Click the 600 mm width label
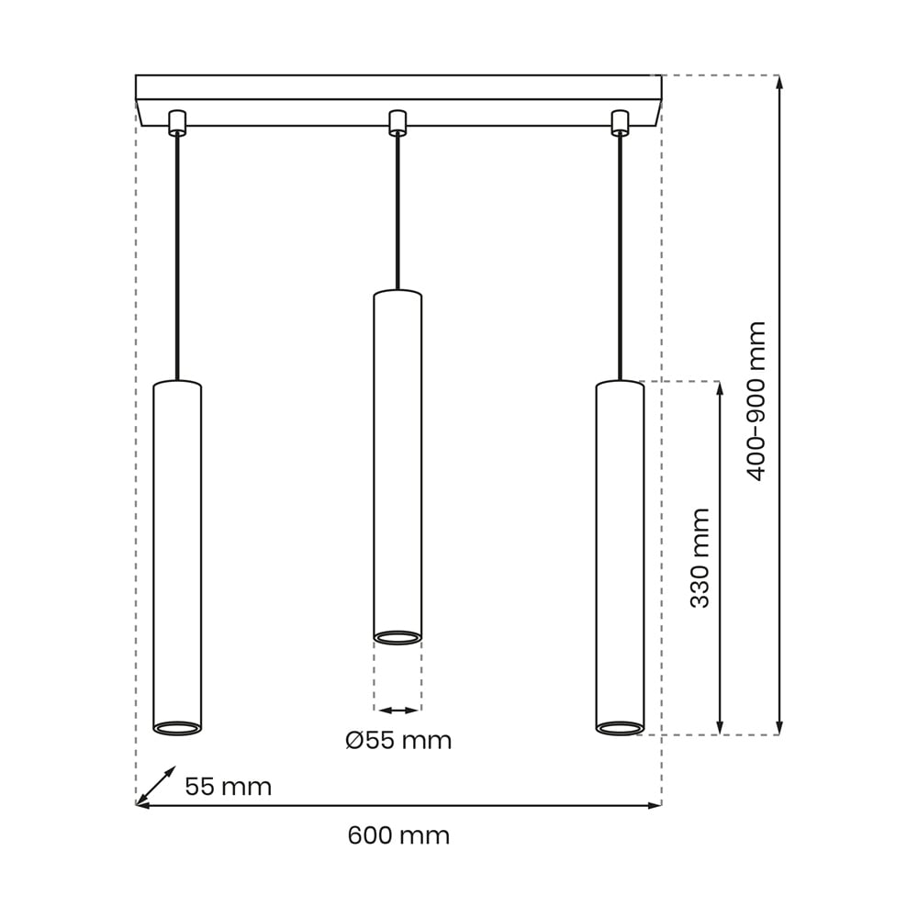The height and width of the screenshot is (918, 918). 398,834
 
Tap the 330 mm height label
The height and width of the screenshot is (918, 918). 700,558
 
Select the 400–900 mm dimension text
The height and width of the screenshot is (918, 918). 756,401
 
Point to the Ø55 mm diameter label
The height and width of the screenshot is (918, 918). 398,741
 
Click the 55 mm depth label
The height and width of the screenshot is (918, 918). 229,787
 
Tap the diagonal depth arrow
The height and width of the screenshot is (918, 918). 156,785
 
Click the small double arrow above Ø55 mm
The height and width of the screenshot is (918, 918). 397,711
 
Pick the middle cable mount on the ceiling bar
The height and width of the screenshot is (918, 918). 397,122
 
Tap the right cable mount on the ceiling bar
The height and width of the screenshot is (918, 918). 620,122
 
